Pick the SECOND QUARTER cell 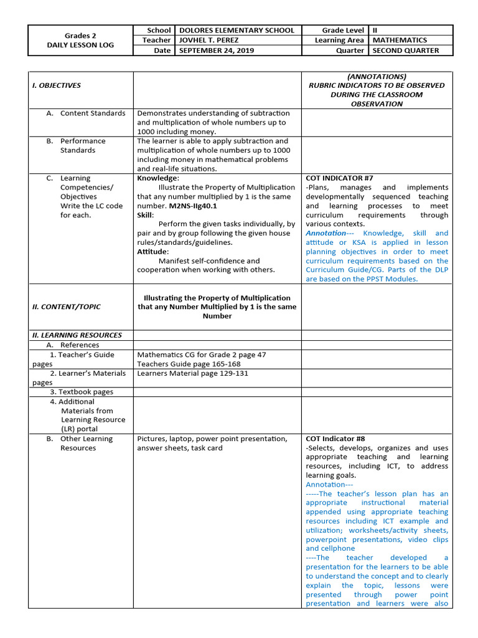tap(405, 50)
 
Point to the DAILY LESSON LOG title tap(80, 45)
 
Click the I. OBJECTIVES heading tap(57, 85)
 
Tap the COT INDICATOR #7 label tap(339, 178)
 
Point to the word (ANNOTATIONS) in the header tap(377, 76)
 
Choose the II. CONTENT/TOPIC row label tap(67, 307)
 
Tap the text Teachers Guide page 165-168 tap(189, 364)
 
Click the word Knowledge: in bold tap(158, 178)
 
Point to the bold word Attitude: tap(153, 252)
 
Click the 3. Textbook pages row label tap(82, 392)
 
